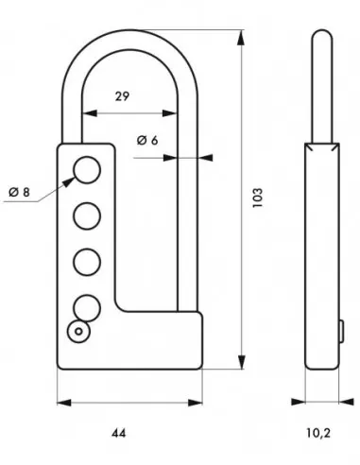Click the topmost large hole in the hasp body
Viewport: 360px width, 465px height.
(85, 170)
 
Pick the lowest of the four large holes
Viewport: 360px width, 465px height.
(85, 305)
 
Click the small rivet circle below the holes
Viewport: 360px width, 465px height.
(77, 330)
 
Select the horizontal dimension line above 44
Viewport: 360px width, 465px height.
(130, 401)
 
